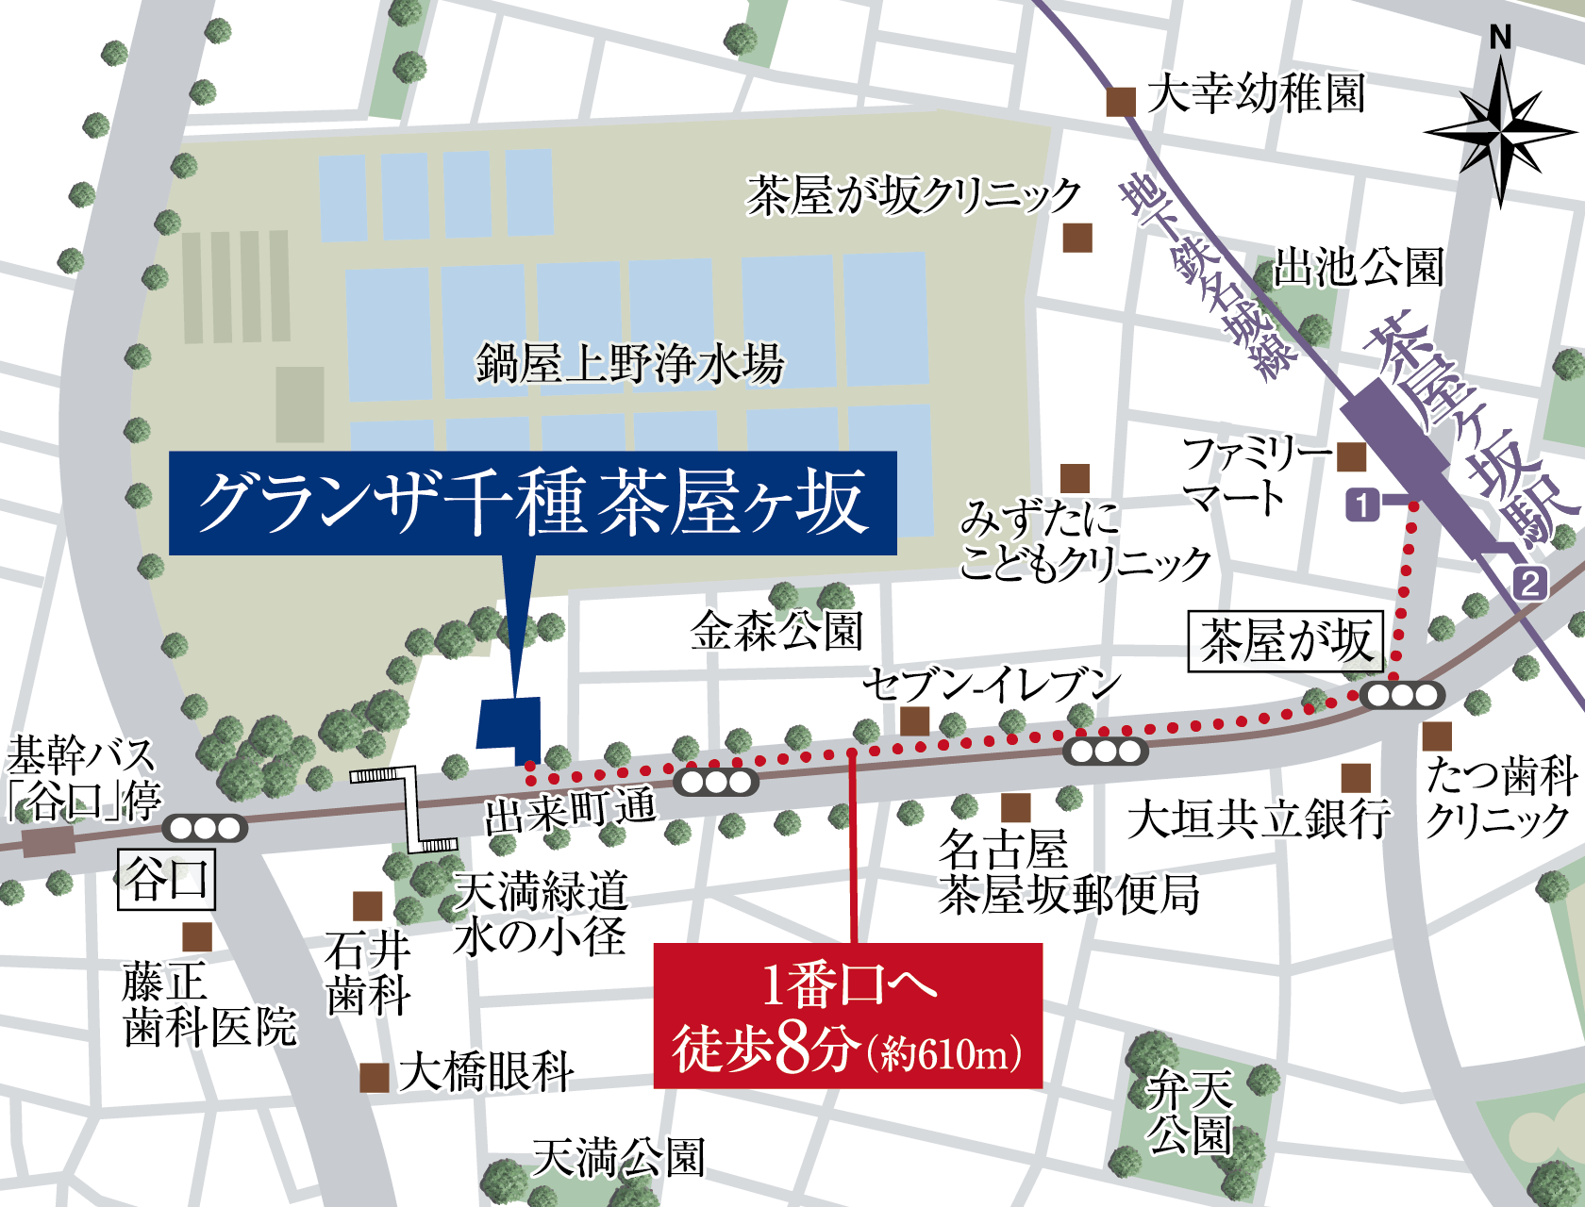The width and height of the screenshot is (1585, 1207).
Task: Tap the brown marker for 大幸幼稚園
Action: (1121, 101)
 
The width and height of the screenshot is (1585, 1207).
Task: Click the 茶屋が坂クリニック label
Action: (913, 195)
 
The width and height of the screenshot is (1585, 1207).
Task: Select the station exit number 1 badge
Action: (1362, 504)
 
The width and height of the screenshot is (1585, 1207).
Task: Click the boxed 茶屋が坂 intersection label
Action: (1286, 642)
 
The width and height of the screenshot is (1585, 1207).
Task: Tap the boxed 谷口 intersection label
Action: (167, 879)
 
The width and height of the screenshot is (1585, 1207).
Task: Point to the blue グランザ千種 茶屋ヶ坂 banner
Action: (532, 503)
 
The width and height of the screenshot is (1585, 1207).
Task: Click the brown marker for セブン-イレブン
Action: (914, 721)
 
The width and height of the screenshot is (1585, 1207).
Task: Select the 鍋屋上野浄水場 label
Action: (629, 364)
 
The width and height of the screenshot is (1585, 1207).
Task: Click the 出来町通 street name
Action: (569, 811)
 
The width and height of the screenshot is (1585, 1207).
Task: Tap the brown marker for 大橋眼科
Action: (375, 1077)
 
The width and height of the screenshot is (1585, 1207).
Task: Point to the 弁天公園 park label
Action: (1189, 1114)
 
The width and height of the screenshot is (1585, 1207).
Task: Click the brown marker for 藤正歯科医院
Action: (197, 936)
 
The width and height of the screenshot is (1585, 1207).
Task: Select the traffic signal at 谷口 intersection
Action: (205, 828)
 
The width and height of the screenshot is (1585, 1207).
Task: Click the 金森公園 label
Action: (776, 631)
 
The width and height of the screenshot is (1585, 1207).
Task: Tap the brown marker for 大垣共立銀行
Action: (1356, 778)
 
